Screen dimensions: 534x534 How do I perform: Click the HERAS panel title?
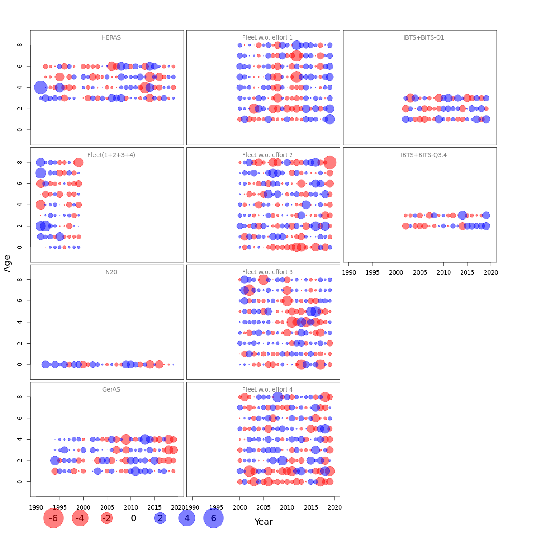click(x=111, y=38)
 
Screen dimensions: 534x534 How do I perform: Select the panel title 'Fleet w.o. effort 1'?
click(x=267, y=38)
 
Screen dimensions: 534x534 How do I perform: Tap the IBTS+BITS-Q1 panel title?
click(x=424, y=38)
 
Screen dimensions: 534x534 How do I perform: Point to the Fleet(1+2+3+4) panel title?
click(x=111, y=155)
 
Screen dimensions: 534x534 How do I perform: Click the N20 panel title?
click(x=111, y=272)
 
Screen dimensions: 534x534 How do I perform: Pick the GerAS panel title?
click(x=111, y=389)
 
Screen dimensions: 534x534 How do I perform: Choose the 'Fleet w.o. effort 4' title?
click(x=267, y=389)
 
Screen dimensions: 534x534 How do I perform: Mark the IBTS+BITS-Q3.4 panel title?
click(x=424, y=155)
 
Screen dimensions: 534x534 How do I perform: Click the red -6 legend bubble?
click(x=53, y=518)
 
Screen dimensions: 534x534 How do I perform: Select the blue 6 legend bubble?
click(x=214, y=518)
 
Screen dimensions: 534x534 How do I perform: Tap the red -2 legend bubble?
click(x=107, y=518)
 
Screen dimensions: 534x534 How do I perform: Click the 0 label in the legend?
click(x=133, y=518)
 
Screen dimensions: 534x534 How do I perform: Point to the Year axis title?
click(x=263, y=522)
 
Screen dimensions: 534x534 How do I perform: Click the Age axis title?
click(x=7, y=263)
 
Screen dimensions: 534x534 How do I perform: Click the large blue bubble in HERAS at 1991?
click(x=40, y=87)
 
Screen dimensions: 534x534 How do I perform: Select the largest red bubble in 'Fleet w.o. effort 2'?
click(x=330, y=162)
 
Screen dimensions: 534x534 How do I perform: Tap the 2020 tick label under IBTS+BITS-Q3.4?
click(x=491, y=272)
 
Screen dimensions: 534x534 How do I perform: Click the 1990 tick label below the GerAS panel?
click(x=36, y=507)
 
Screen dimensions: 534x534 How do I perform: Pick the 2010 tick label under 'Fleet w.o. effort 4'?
click(x=287, y=507)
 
